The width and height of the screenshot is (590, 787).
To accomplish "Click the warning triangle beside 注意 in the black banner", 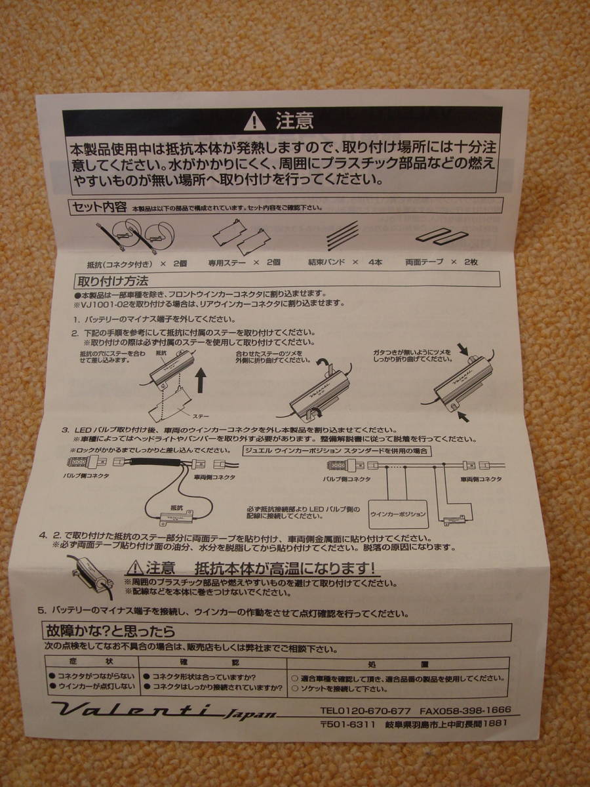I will tap(254, 122).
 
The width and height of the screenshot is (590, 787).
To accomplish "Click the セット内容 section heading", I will tap(99, 208).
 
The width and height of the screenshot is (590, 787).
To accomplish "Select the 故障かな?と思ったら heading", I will tap(110, 632).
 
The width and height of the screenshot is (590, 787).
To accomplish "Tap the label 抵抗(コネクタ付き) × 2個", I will tap(137, 263).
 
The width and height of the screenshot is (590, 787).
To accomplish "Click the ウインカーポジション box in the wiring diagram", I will tap(399, 514).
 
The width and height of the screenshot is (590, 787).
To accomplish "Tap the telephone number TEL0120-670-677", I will tap(366, 710).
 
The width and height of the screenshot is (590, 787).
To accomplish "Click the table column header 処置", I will tap(397, 664).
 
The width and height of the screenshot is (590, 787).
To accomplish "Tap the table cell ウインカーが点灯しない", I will tap(96, 687).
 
